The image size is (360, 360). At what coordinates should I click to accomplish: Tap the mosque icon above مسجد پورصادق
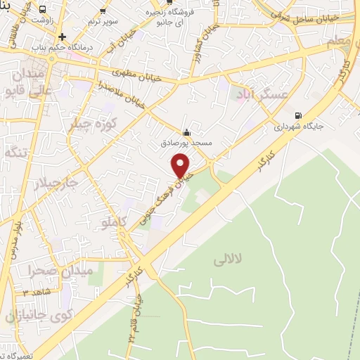tap(186, 132)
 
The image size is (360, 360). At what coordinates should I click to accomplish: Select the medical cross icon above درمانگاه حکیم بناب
tap(63, 37)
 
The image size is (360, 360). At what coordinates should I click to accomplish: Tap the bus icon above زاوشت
tap(44, 10)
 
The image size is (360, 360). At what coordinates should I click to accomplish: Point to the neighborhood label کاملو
tap(112, 223)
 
